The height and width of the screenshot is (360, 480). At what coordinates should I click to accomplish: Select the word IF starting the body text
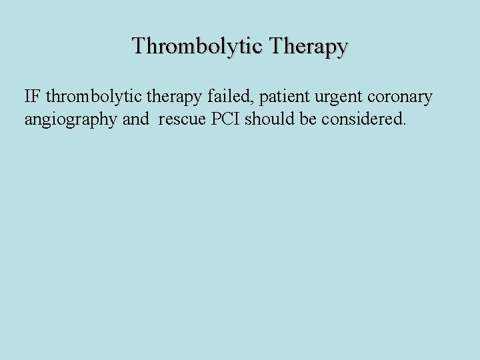point(33,97)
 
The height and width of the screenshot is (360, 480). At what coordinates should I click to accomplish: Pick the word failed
point(228,97)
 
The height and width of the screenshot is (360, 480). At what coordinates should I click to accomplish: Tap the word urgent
point(336,97)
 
